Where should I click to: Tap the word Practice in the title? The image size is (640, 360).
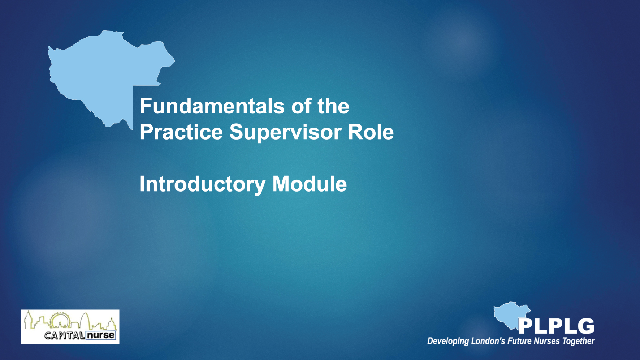click(181, 132)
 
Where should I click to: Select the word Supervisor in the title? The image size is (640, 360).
click(285, 133)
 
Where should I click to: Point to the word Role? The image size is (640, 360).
click(371, 132)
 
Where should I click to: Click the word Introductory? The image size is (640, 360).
click(203, 185)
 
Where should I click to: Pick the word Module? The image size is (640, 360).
click(310, 184)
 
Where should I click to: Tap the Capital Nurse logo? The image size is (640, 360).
click(70, 326)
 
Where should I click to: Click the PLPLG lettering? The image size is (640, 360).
click(556, 326)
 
